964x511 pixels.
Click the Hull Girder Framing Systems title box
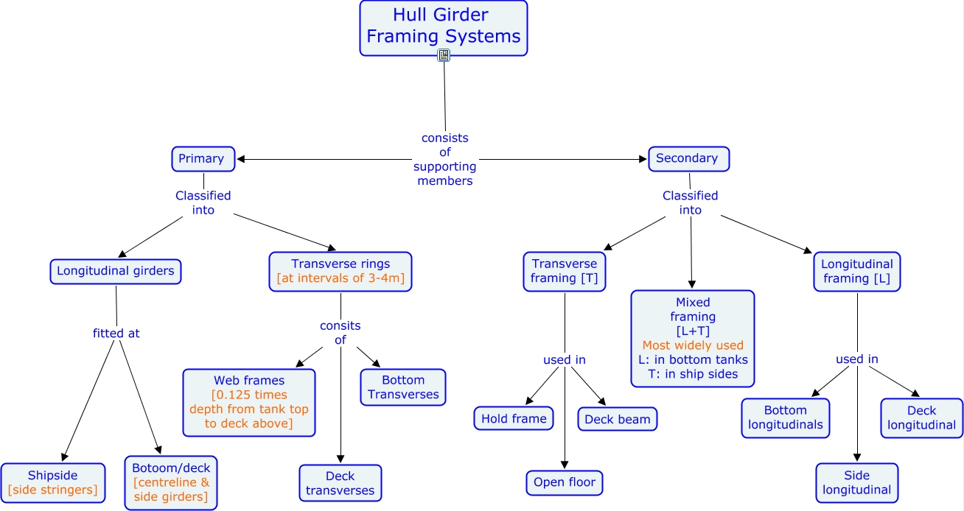pos(443,27)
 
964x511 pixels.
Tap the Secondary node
pos(688,158)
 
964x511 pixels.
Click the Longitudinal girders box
pos(116,271)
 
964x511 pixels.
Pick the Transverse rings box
pos(340,271)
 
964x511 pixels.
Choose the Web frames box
pos(249,402)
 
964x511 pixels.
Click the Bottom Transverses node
pos(403,387)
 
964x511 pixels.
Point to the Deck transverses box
pos(340,483)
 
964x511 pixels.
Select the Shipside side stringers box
pos(52,482)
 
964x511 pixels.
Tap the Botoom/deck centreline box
pos(171,482)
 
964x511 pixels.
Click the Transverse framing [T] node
pos(565,271)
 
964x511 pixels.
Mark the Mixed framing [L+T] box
pos(693,338)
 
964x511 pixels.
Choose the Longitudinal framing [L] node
pos(857,271)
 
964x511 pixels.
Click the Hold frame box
pos(514,418)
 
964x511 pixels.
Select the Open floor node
pos(565,483)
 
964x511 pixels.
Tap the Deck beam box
pos(618,419)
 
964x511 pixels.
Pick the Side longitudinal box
pos(857,482)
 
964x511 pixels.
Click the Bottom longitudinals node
pos(786,417)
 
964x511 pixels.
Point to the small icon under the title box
pos(444,55)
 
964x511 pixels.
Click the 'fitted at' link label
pos(116,333)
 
